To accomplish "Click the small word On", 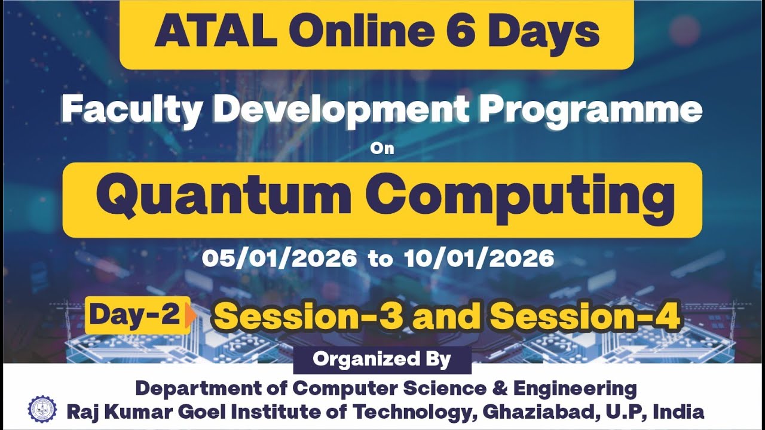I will (x=382, y=148).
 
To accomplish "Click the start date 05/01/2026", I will (x=279, y=259).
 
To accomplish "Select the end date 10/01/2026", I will (x=479, y=259).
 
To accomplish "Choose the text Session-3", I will (x=308, y=317).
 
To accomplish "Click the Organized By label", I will (x=382, y=360).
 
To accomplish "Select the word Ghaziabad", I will (x=555, y=411).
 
